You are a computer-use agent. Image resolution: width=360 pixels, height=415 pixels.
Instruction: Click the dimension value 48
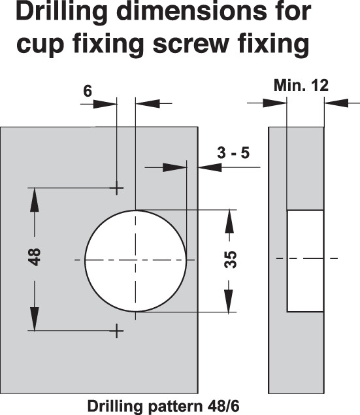[35, 257]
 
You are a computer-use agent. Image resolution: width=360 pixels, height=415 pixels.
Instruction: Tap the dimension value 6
[88, 91]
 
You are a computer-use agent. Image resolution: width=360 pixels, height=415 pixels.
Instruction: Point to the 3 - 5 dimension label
[233, 153]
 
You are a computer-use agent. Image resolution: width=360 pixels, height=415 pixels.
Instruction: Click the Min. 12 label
[301, 85]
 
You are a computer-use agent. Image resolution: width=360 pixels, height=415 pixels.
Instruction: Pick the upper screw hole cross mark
[117, 188]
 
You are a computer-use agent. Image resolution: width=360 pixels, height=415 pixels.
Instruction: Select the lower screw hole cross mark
[117, 331]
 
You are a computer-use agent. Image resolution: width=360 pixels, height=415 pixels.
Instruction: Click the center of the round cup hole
[135, 261]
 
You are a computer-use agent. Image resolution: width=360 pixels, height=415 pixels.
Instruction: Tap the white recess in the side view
[306, 261]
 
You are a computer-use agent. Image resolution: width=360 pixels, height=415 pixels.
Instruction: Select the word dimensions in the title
[192, 11]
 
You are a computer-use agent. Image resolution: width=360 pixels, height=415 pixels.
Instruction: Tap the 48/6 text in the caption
[223, 406]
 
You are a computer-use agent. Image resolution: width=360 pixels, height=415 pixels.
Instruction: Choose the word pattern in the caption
[176, 406]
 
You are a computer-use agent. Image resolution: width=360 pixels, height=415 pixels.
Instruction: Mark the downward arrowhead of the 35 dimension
[229, 301]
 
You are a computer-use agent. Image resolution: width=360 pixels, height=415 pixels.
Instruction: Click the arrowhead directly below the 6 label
[105, 104]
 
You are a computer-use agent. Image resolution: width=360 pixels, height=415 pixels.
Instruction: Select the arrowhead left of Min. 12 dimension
[275, 103]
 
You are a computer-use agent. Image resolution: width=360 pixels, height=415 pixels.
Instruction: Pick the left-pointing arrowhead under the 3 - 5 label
[210, 167]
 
